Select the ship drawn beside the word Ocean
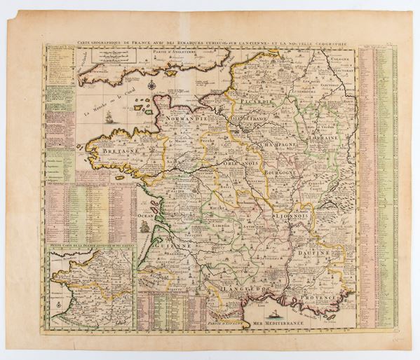coord(144,226)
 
